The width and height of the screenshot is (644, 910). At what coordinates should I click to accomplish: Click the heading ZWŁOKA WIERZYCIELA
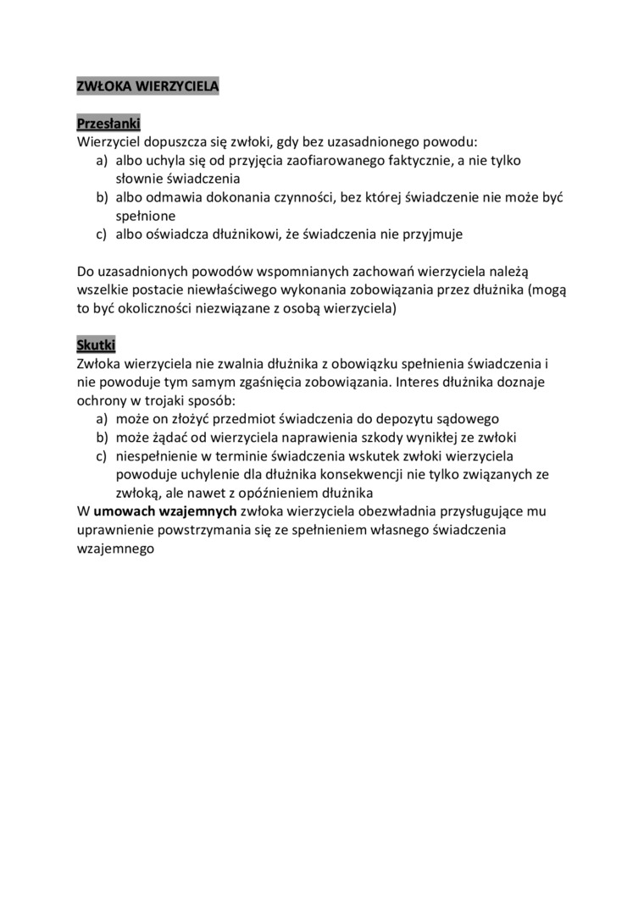[147, 85]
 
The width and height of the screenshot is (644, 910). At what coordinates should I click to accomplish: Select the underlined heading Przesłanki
[108, 123]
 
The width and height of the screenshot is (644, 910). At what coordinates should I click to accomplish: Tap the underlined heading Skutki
[96, 345]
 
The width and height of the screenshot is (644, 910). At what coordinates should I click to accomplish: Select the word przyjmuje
[433, 234]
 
